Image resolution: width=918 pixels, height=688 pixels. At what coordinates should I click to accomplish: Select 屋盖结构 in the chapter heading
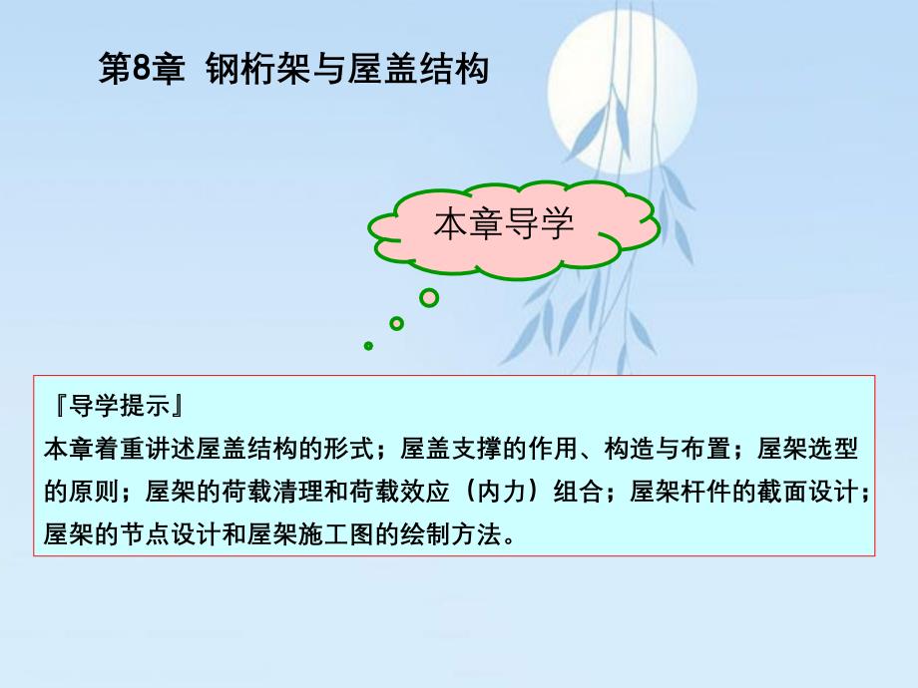click(x=418, y=69)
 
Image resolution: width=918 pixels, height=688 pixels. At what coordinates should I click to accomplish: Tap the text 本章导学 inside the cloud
click(x=504, y=224)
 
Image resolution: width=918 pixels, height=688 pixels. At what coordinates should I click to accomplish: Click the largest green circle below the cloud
click(x=429, y=298)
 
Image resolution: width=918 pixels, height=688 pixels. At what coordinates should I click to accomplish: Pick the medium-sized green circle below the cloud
click(x=396, y=323)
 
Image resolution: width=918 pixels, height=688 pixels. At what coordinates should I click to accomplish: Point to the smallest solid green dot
click(x=368, y=346)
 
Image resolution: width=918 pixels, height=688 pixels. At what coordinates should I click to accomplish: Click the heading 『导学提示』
click(x=120, y=406)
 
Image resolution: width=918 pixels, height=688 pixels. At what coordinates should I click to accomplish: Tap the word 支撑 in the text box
click(x=477, y=449)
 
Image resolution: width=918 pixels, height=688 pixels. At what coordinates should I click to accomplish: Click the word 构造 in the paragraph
click(x=630, y=449)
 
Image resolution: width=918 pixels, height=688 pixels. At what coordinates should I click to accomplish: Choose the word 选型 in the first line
click(x=833, y=449)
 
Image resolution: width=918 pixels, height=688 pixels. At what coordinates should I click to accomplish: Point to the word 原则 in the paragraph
click(x=94, y=492)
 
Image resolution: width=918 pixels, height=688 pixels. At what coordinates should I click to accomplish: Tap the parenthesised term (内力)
click(x=501, y=492)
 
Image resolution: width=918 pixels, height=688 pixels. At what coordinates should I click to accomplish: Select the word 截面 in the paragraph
click(x=782, y=492)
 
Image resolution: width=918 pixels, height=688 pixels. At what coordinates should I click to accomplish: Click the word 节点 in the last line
click(x=146, y=534)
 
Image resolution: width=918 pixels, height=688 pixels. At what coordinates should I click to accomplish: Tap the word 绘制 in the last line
click(x=426, y=534)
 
